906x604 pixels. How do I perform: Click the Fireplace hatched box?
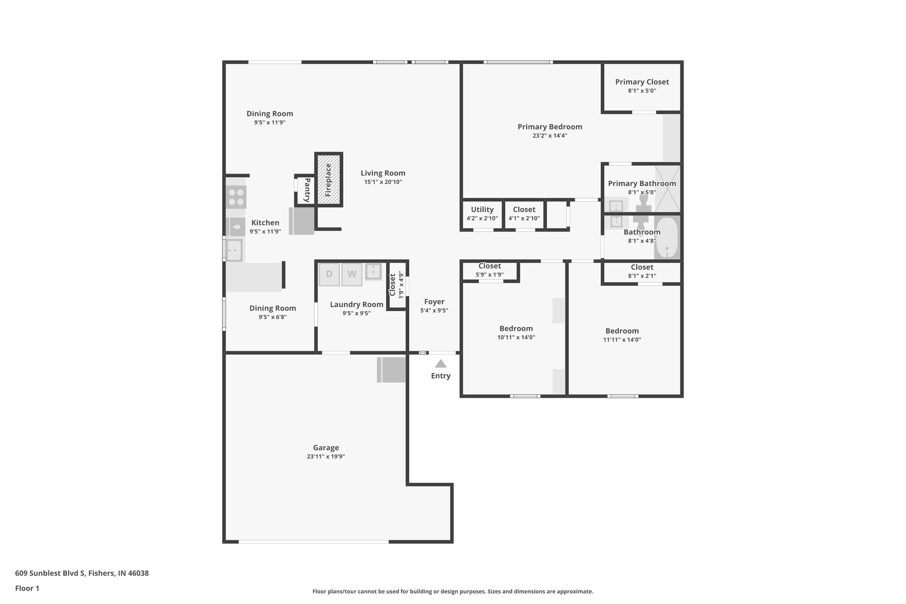[x=329, y=179]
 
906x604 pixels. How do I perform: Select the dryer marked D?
[x=329, y=274]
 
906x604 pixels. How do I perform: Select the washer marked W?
[x=352, y=274]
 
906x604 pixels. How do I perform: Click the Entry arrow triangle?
[x=441, y=364]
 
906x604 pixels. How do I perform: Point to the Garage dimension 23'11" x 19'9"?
[x=326, y=457]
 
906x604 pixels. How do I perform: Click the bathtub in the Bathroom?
[x=667, y=238]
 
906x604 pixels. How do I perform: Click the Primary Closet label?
[x=642, y=82]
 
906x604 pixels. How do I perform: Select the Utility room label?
[x=482, y=210]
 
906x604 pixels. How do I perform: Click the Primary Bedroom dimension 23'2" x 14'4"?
[x=550, y=136]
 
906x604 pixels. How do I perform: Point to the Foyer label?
[x=434, y=302]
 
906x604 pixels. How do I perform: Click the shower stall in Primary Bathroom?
[x=668, y=188]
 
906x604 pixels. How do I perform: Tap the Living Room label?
[x=383, y=173]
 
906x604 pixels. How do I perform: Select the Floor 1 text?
[x=27, y=589]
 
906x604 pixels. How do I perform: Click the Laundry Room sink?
[x=373, y=271]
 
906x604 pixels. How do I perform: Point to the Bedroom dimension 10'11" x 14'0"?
[x=516, y=337]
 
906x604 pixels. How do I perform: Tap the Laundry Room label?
[x=357, y=304]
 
